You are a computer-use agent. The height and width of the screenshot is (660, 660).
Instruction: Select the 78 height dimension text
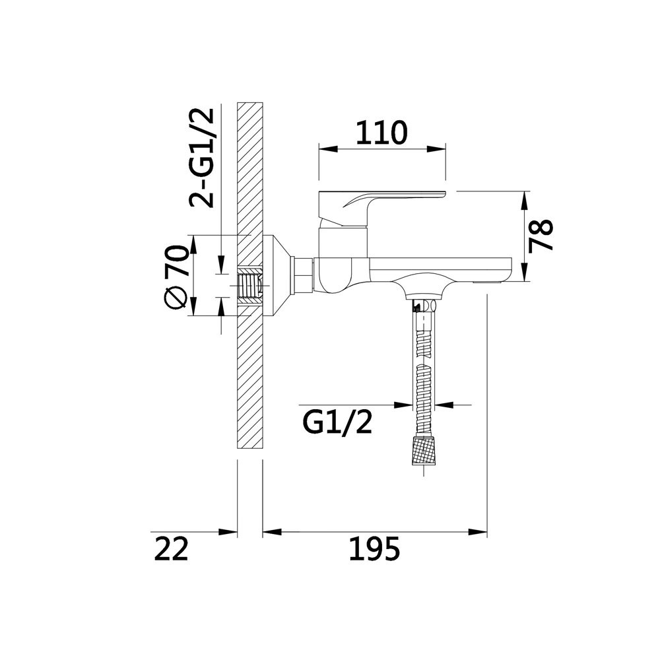coord(541,236)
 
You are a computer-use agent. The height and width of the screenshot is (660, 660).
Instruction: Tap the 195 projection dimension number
coord(374,549)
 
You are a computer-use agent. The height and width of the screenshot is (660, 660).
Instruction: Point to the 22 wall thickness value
coord(170,549)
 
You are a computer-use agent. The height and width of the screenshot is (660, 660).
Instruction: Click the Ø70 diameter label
coord(176,278)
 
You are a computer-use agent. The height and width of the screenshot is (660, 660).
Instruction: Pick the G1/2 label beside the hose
coord(337,422)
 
